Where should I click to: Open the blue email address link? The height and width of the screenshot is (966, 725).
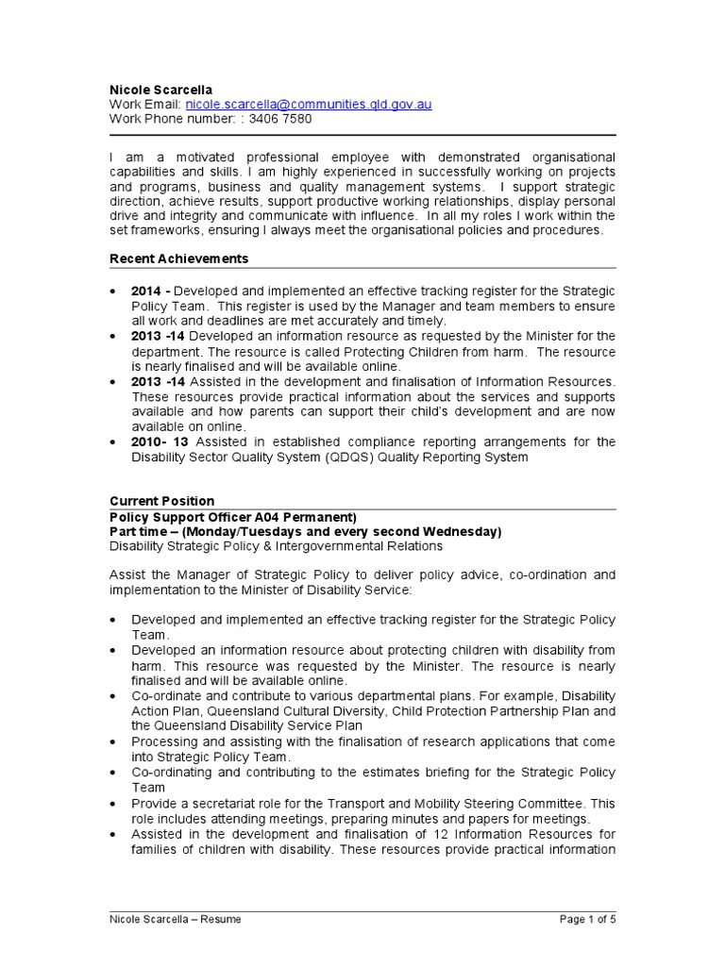click(309, 104)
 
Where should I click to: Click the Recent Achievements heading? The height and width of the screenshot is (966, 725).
click(179, 258)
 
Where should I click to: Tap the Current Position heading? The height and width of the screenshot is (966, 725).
click(162, 501)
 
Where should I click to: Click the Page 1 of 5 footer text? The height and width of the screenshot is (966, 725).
click(586, 920)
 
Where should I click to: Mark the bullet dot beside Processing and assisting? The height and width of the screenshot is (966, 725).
click(114, 742)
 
